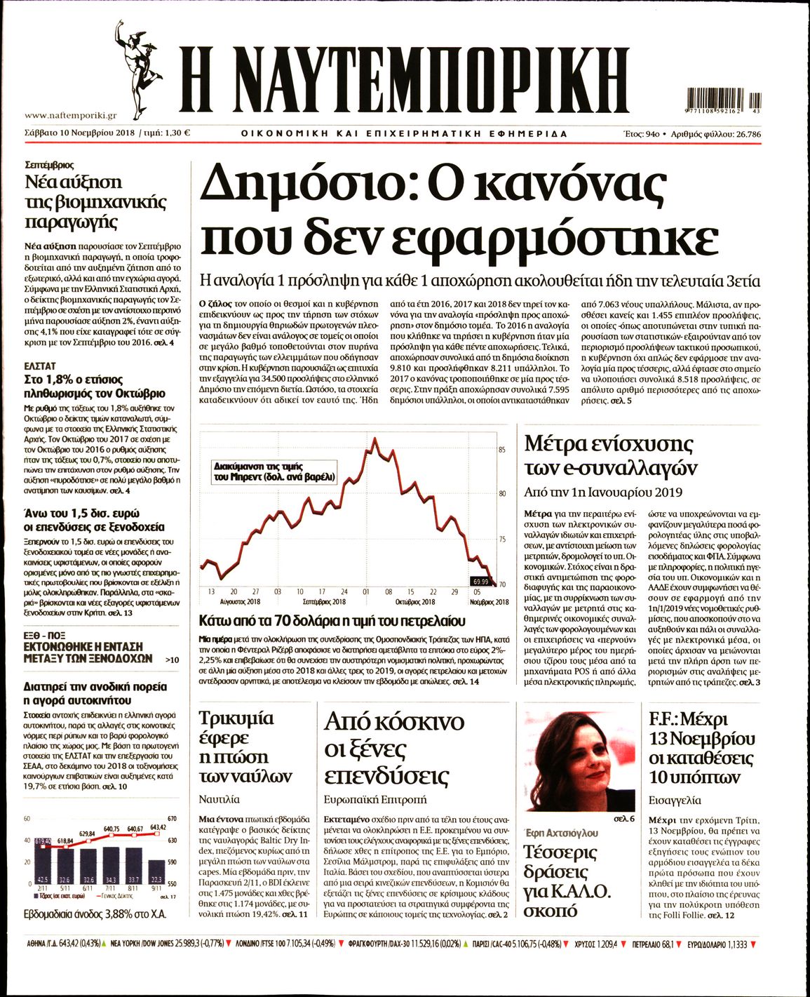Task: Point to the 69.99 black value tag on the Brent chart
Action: tap(480, 581)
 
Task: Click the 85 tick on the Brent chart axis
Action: tap(502, 450)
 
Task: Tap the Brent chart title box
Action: tap(274, 471)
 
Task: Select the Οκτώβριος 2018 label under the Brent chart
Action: tap(415, 602)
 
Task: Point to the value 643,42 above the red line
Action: tap(158, 827)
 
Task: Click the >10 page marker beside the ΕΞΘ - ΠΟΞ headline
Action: tap(172, 660)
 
